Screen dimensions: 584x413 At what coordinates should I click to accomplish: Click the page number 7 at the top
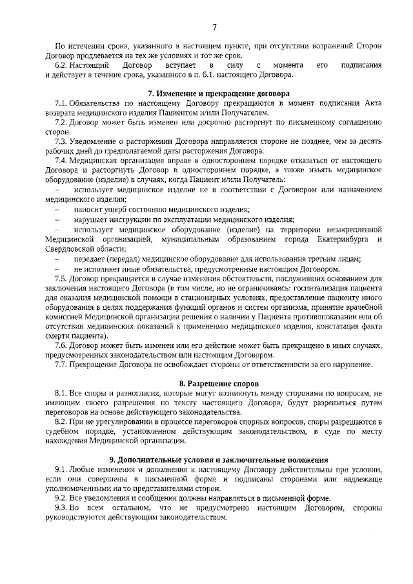click(x=214, y=26)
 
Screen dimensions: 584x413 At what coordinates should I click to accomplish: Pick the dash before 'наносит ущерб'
click(x=59, y=210)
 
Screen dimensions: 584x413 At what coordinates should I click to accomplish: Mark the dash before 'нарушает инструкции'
click(x=59, y=219)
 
